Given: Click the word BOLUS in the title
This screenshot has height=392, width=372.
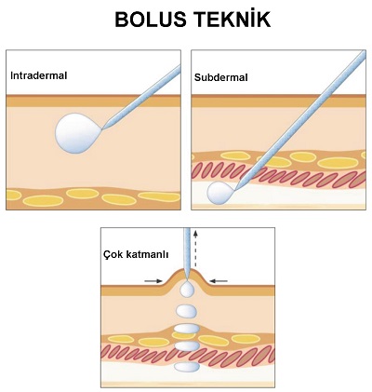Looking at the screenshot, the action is point(151,20).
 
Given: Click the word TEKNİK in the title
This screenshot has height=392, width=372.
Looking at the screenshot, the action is point(232,19).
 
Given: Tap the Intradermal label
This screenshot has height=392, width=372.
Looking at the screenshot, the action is point(39,75).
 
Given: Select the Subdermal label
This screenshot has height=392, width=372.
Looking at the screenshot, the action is point(221,77).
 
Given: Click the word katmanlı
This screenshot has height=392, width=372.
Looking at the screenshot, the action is point(148,254).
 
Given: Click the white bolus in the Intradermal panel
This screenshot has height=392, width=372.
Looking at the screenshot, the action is point(78,133).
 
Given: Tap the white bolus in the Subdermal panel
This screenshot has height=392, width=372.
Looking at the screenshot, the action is point(220,193).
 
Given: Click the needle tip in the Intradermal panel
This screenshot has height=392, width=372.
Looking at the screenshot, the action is point(103,128).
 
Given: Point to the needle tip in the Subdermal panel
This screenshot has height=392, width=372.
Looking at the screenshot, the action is point(235,189).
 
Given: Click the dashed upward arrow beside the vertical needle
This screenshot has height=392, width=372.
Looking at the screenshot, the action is point(195,249).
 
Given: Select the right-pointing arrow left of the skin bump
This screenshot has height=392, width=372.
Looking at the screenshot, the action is point(153,281).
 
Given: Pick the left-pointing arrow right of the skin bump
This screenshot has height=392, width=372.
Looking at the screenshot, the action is point(219,281).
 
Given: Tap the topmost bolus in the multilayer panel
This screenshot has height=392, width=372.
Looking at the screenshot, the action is point(187,289).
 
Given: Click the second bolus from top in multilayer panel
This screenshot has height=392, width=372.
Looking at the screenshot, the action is point(187,311).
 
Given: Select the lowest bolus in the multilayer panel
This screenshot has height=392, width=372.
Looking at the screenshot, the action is point(187,367).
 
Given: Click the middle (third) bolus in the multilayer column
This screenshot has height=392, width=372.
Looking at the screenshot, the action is point(187,329).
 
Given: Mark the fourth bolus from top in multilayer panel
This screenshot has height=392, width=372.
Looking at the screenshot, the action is point(187,345).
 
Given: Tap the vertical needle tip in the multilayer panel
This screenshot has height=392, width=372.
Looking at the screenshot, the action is point(187,277).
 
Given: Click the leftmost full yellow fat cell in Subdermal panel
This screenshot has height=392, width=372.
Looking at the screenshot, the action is point(235,155).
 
